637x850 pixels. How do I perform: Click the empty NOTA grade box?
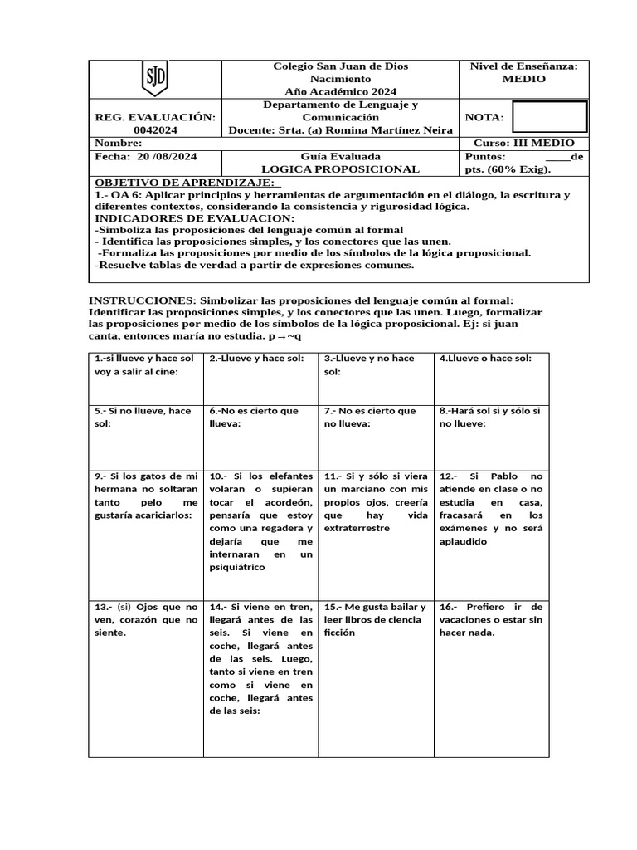click(549, 117)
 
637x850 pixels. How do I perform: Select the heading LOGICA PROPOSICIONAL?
click(340, 169)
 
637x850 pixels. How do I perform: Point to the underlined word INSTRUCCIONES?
click(143, 300)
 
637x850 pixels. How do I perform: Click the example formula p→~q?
click(285, 337)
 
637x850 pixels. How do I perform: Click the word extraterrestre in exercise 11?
click(357, 528)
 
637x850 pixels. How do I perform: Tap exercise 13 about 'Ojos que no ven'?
click(146, 619)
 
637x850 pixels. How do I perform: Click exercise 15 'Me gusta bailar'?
click(375, 619)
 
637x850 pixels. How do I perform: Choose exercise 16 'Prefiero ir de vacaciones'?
click(490, 619)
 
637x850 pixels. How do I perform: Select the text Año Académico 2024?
click(340, 91)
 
